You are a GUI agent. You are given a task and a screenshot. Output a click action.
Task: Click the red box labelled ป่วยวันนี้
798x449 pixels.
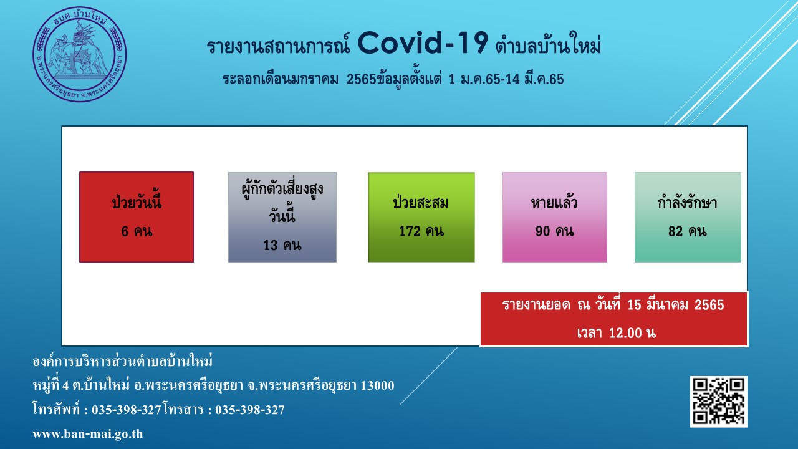click(x=137, y=217)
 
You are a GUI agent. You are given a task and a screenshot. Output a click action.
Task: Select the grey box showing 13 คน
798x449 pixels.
click(x=282, y=218)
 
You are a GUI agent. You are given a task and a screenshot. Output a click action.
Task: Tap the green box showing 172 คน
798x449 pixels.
click(x=421, y=218)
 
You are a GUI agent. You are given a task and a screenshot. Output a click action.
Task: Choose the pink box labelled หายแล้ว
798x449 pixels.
click(x=555, y=218)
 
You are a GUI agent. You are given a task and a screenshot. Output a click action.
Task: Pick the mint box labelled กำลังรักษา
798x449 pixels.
click(x=688, y=218)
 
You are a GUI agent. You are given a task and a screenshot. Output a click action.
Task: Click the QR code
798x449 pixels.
click(x=719, y=402)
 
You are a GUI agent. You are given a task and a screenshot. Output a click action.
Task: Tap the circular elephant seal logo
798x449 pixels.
click(x=79, y=54)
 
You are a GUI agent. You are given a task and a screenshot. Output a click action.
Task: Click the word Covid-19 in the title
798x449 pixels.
click(x=423, y=44)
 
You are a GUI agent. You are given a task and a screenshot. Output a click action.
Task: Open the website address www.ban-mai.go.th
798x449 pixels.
click(x=88, y=434)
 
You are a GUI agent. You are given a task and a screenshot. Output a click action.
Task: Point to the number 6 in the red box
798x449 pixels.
click(x=125, y=231)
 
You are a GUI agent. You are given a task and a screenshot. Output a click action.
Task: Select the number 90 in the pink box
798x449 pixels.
click(x=542, y=231)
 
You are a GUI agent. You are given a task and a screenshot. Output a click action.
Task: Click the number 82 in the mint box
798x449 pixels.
click(x=675, y=231)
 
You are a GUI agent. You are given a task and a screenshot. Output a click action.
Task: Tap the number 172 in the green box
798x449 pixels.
click(x=410, y=231)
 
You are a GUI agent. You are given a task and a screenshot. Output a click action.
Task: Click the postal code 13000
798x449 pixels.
click(x=378, y=385)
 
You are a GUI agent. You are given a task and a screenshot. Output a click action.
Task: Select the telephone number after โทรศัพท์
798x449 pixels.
click(x=127, y=410)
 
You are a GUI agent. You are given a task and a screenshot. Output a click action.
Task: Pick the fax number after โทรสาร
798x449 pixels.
click(x=250, y=410)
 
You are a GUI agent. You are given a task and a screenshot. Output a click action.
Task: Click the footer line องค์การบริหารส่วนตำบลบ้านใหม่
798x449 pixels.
click(x=123, y=361)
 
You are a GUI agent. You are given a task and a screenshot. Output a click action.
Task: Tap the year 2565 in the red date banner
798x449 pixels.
click(x=709, y=306)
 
